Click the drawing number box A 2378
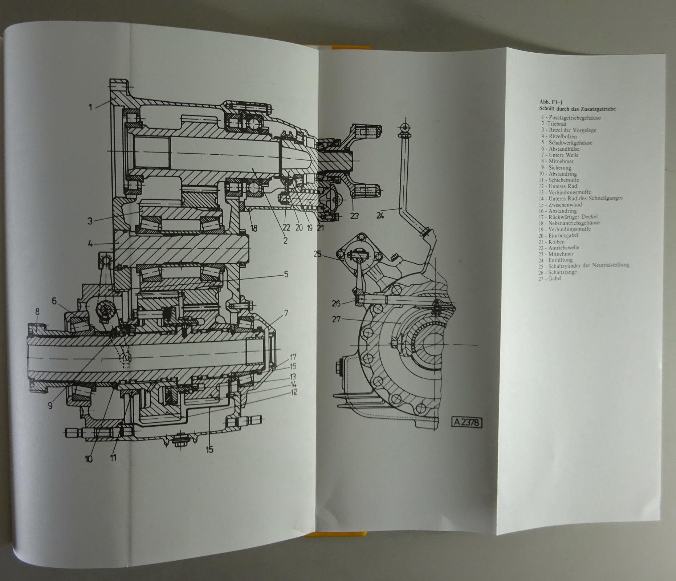tap(467, 422)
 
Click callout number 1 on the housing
tap(90, 107)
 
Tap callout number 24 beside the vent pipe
tap(380, 215)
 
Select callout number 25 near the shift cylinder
tap(318, 254)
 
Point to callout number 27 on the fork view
tap(336, 319)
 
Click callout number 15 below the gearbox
tap(209, 450)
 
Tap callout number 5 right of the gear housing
tap(286, 274)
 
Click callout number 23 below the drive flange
tap(354, 216)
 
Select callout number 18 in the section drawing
tap(253, 228)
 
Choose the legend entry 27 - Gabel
tap(550, 279)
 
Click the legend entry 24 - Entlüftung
tap(556, 260)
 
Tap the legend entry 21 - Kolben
tap(552, 241)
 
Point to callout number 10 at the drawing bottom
tap(89, 459)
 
